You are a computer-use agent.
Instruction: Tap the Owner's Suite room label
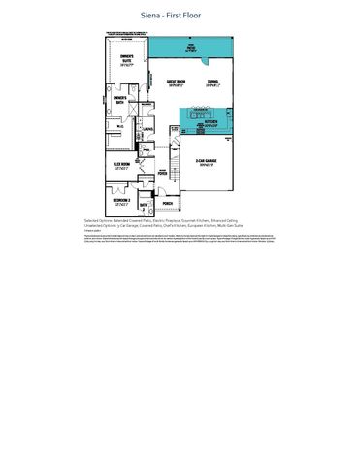126,61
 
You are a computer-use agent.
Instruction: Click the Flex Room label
121,167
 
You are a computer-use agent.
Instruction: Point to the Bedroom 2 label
121,202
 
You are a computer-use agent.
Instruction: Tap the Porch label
167,203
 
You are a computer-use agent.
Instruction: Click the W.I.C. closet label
119,126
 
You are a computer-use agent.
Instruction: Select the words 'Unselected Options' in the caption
101,226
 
